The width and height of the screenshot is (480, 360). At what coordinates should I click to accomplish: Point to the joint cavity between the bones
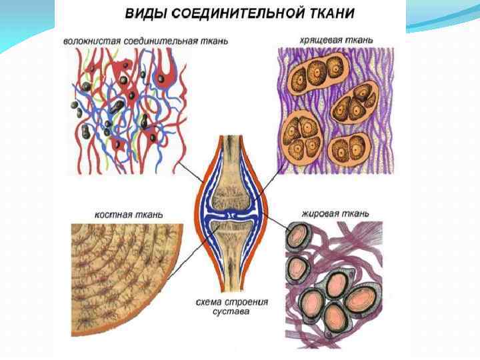[x=230, y=215]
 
